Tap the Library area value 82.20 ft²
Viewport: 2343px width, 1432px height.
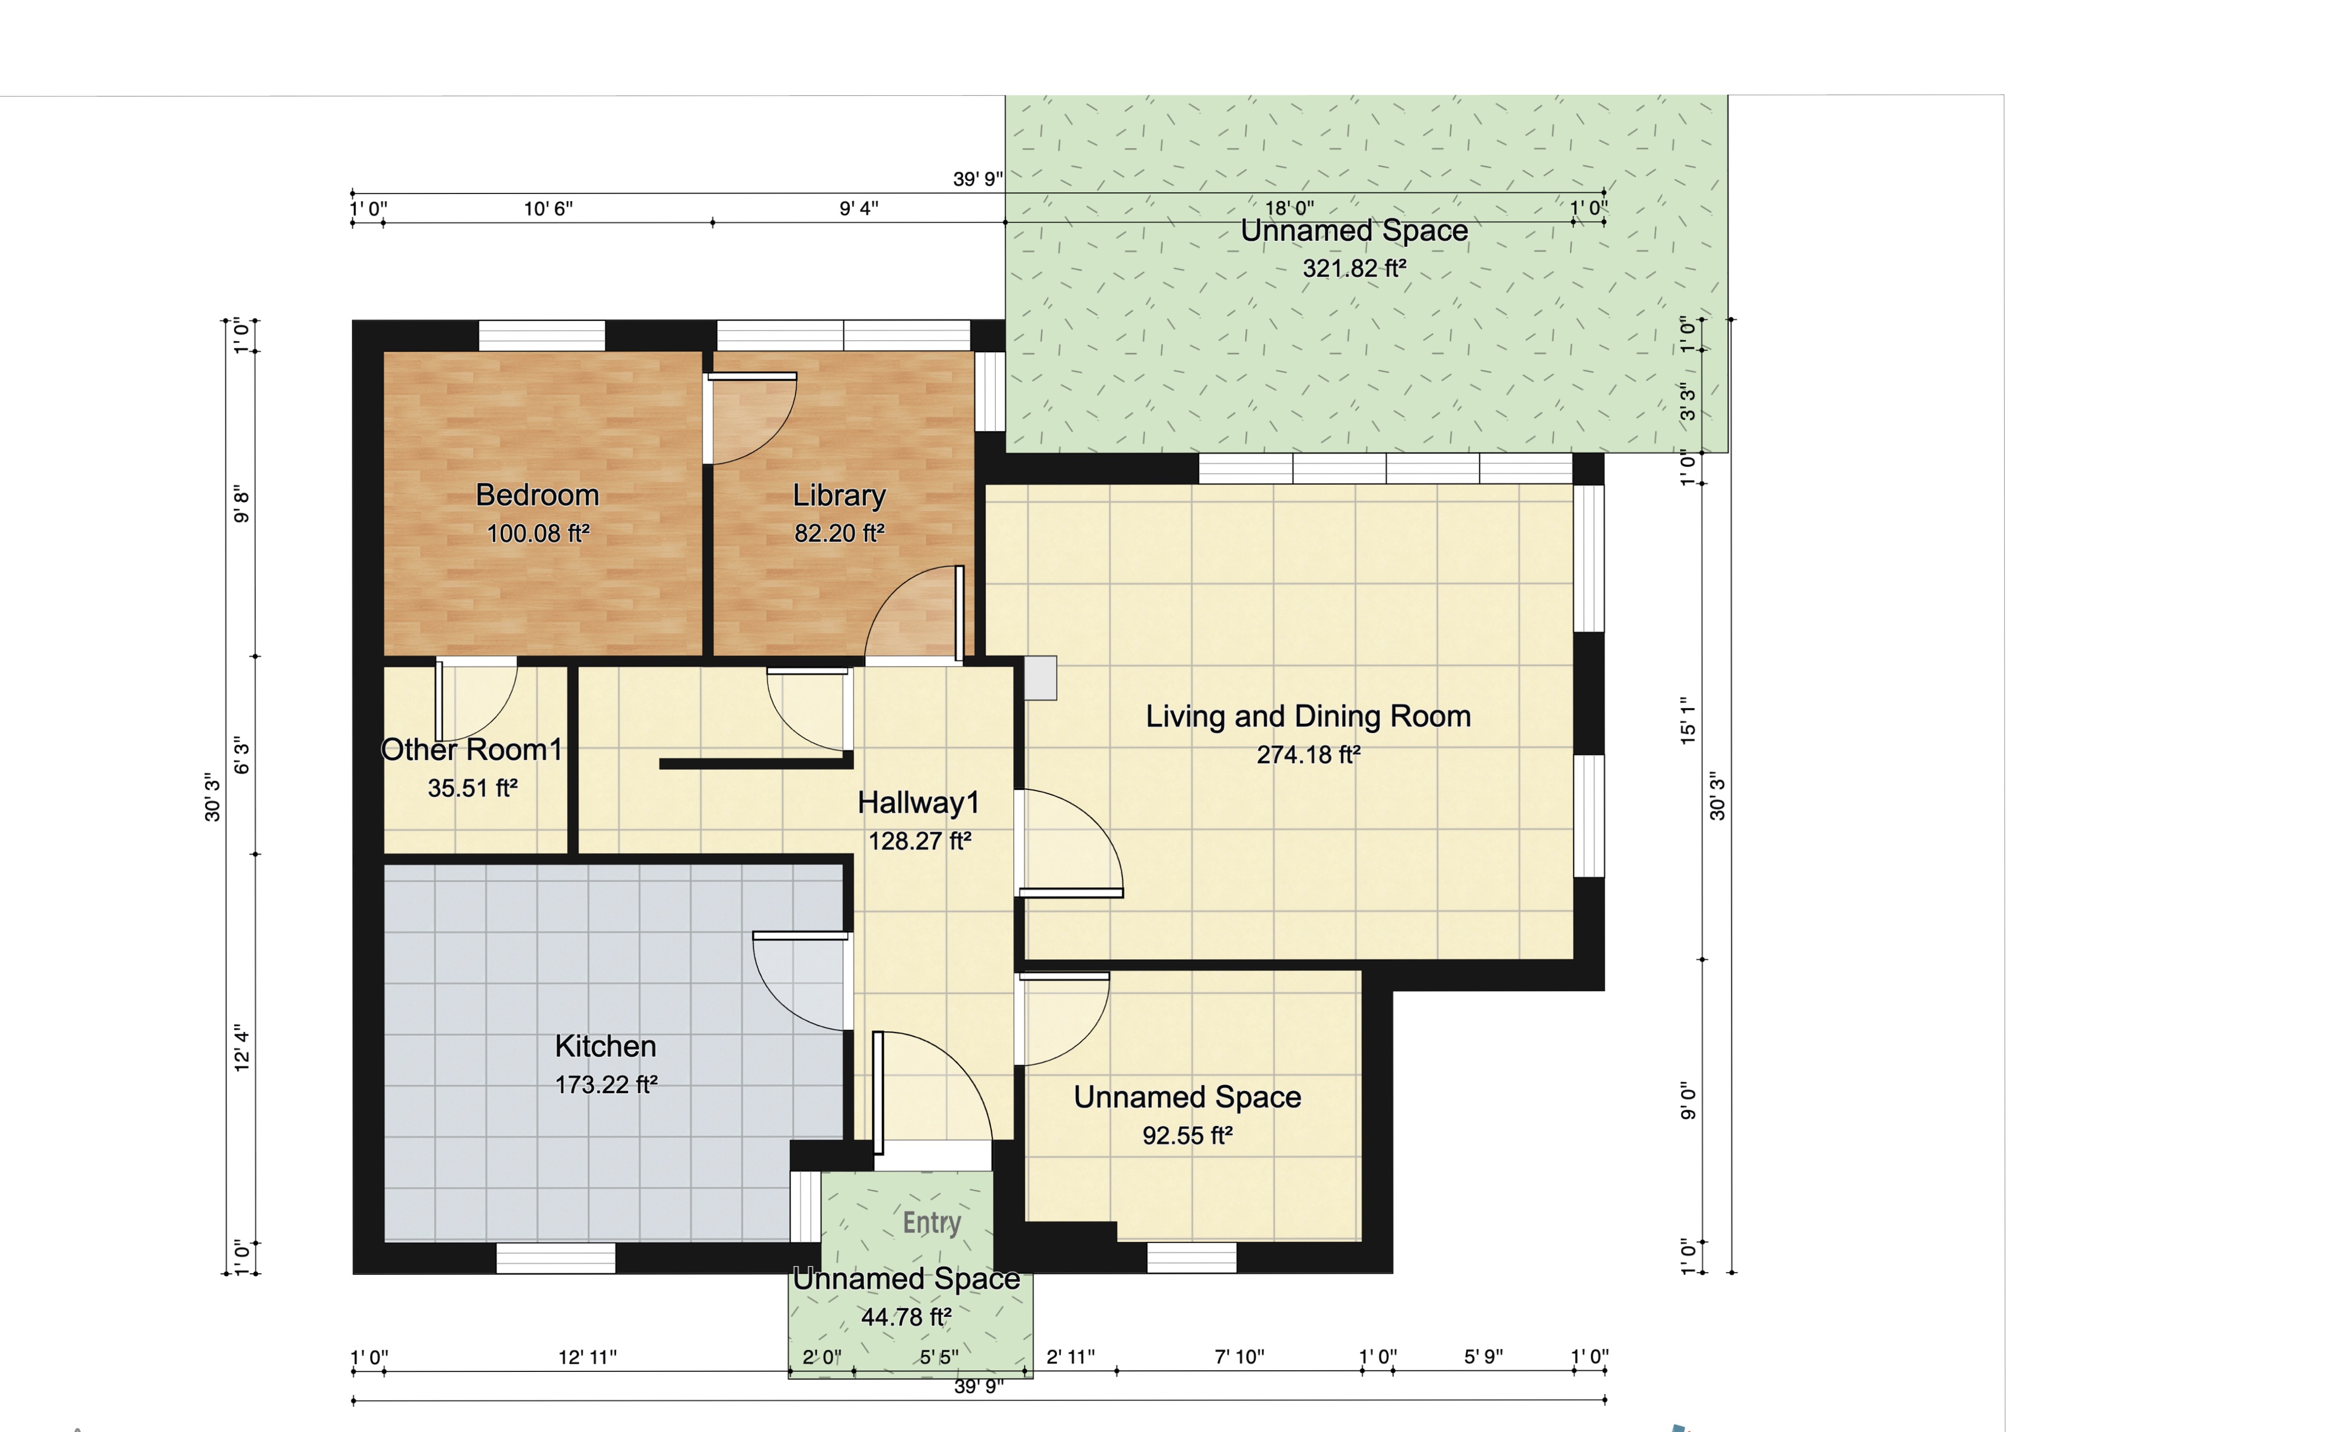pyautogui.click(x=840, y=534)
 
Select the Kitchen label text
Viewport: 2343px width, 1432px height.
pyautogui.click(x=606, y=1046)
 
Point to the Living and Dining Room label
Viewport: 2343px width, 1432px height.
pyautogui.click(x=1308, y=716)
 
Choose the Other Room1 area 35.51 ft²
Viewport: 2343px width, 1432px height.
pyautogui.click(x=473, y=788)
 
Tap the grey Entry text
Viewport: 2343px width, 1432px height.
pyautogui.click(x=932, y=1223)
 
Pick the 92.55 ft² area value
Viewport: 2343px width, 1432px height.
pyautogui.click(x=1187, y=1135)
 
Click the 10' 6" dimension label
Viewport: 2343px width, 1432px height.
pyautogui.click(x=549, y=208)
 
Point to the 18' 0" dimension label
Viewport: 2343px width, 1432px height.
pyautogui.click(x=1289, y=207)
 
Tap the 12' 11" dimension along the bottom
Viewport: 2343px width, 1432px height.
pyautogui.click(x=587, y=1357)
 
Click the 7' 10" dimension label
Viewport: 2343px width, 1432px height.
pyautogui.click(x=1240, y=1357)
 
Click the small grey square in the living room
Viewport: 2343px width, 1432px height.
pyautogui.click(x=1040, y=678)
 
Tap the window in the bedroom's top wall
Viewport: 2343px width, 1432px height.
pyautogui.click(x=542, y=336)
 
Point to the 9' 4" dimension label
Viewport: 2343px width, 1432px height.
pyautogui.click(x=859, y=208)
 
